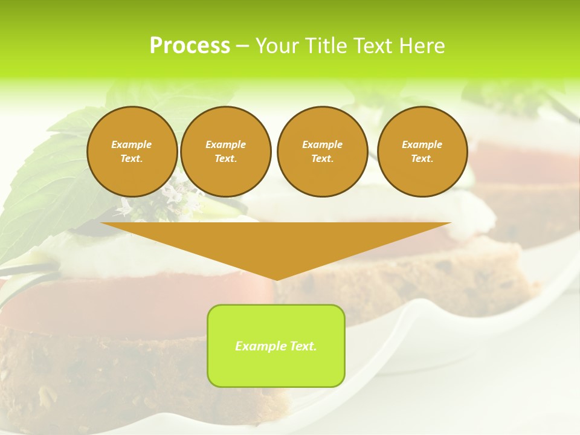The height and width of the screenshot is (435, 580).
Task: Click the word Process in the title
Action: click(190, 46)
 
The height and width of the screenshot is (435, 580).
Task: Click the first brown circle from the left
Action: click(132, 152)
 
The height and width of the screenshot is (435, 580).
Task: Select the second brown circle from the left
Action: click(226, 152)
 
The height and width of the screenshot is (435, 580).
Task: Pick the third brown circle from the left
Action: click(322, 152)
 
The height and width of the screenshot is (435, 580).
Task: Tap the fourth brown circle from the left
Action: click(422, 152)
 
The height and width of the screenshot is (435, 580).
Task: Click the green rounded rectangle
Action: click(276, 369)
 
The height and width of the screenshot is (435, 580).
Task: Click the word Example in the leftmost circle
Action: click(132, 144)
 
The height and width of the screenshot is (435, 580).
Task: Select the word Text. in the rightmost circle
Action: click(422, 159)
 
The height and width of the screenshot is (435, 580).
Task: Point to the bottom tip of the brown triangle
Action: click(276, 279)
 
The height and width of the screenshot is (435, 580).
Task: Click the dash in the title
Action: click(242, 46)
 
